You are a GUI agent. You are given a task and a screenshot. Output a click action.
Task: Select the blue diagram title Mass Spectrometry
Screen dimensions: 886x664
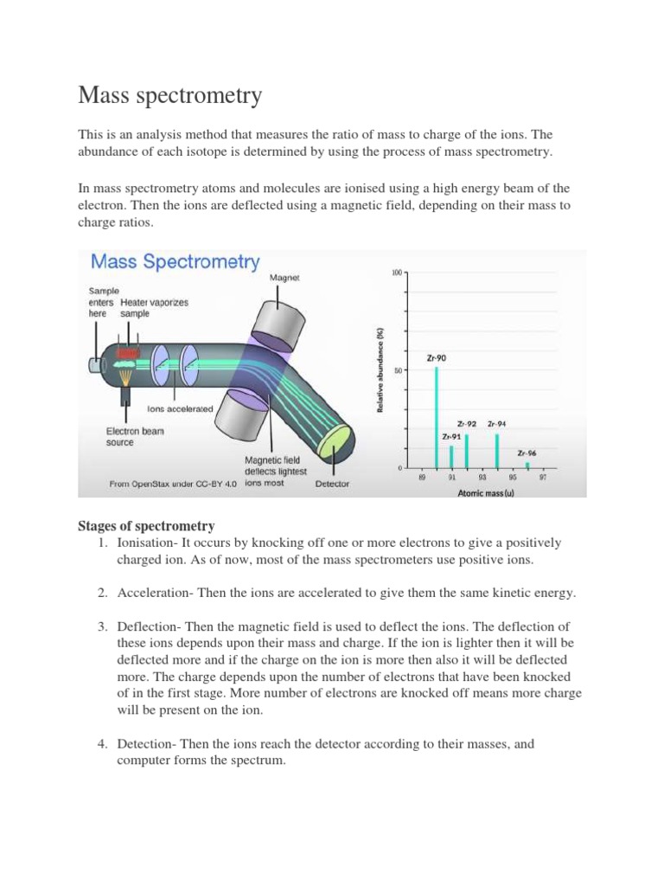tap(175, 260)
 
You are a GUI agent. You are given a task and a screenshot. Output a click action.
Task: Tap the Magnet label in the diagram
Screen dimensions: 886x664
tap(284, 278)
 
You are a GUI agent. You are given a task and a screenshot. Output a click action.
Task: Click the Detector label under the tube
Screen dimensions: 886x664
tap(332, 484)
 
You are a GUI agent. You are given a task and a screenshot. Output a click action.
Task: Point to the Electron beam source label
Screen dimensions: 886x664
tap(135, 436)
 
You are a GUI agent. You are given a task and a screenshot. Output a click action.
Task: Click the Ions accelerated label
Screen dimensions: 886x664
tap(180, 408)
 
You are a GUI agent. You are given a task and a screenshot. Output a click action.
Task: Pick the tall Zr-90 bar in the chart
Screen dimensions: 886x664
tap(436, 417)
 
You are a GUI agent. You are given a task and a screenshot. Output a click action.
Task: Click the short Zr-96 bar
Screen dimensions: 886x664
tap(527, 465)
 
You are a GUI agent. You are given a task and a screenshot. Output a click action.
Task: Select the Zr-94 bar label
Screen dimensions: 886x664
tap(496, 424)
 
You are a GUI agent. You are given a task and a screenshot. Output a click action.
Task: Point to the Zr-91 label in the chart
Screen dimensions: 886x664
tap(451, 437)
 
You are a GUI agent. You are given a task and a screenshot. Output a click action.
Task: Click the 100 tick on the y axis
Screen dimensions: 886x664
tap(397, 273)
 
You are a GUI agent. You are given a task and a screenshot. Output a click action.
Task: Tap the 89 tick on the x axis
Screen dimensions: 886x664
tap(422, 477)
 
